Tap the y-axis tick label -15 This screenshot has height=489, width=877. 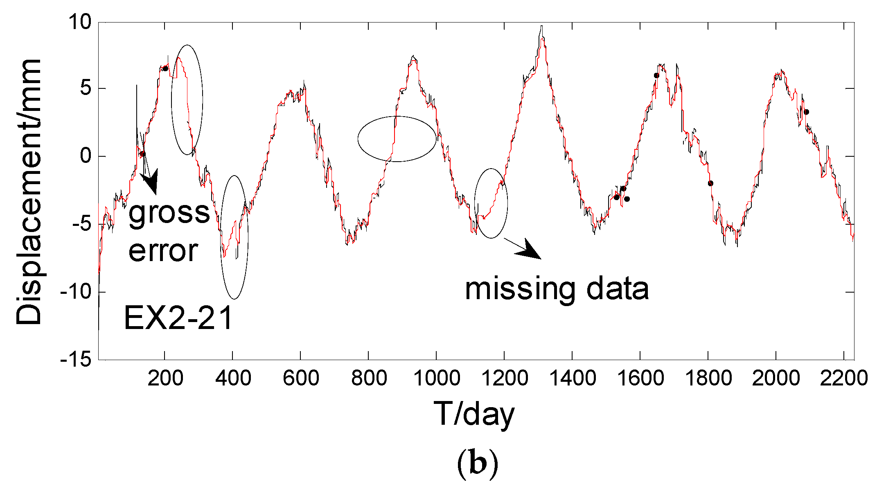tap(76, 360)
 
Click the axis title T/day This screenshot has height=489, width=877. tap(473, 414)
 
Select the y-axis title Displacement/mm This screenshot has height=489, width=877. tap(29, 192)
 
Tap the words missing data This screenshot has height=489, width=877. tap(557, 289)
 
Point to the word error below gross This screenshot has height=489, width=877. tap(163, 250)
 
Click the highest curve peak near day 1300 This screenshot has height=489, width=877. tap(541, 27)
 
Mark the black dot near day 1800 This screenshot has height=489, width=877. tap(710, 183)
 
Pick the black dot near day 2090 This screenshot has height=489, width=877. tap(806, 112)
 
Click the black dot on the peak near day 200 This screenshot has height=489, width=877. tap(165, 68)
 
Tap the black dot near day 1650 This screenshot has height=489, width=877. tap(656, 75)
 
